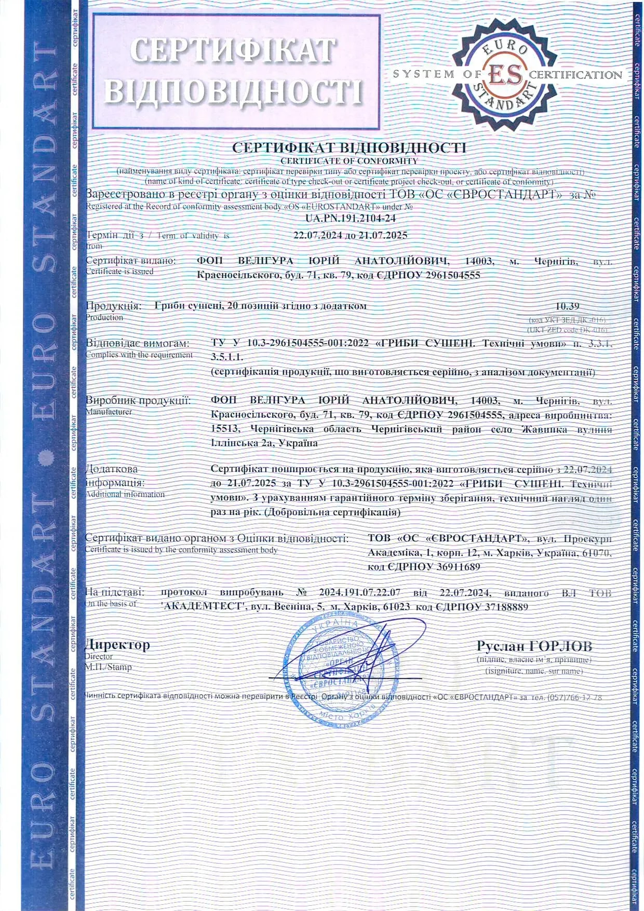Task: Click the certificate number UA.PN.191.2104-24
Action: [351, 220]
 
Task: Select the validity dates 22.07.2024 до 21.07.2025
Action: [351, 235]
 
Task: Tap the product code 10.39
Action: [567, 306]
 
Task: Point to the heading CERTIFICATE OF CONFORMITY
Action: [349, 161]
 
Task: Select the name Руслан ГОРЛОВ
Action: [534, 646]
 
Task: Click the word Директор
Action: [117, 645]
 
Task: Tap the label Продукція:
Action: [113, 306]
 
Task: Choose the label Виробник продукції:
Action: [138, 400]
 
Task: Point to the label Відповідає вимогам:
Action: [138, 343]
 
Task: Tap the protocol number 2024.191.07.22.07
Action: [360, 592]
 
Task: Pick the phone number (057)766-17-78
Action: [574, 697]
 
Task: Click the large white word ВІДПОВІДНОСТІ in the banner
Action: [234, 91]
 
